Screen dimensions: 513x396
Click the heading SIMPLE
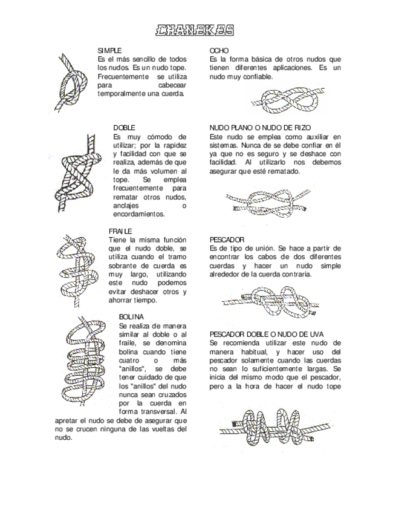(109, 50)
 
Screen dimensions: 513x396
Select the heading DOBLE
(124, 128)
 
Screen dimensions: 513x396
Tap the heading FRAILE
(120, 231)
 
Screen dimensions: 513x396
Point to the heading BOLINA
(131, 316)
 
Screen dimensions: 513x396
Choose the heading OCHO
(219, 50)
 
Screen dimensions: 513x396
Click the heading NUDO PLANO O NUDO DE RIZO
(260, 128)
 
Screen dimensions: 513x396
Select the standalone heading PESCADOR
(227, 240)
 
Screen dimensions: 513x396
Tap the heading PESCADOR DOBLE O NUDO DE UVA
(267, 334)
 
